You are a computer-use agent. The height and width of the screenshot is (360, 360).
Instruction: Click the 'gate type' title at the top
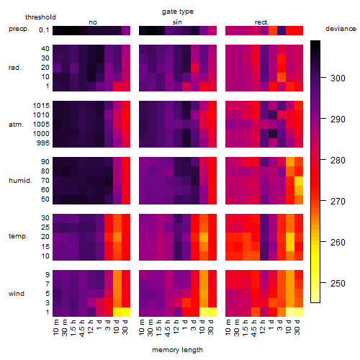pyautogui.click(x=178, y=12)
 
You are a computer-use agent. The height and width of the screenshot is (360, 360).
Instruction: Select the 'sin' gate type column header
pyautogui.click(x=177, y=22)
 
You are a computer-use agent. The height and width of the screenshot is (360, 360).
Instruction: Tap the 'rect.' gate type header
pyautogui.click(x=261, y=22)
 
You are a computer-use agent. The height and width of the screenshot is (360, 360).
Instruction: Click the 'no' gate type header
pyautogui.click(x=93, y=22)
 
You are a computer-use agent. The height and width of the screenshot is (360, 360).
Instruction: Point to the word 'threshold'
pyautogui.click(x=40, y=17)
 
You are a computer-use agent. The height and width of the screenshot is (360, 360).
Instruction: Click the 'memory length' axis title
pyautogui.click(x=177, y=350)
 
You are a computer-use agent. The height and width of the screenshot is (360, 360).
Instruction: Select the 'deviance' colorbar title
pyautogui.click(x=341, y=29)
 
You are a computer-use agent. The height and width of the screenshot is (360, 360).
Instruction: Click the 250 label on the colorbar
pyautogui.click(x=338, y=284)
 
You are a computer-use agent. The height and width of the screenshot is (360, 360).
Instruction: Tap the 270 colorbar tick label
pyautogui.click(x=338, y=201)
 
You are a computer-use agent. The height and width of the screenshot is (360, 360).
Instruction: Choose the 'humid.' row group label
pyautogui.click(x=20, y=181)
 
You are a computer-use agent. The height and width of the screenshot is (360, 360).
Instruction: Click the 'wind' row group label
pyautogui.click(x=17, y=294)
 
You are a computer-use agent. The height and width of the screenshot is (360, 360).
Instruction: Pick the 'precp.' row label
pyautogui.click(x=19, y=29)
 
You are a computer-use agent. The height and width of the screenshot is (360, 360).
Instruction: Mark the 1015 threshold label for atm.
pyautogui.click(x=41, y=106)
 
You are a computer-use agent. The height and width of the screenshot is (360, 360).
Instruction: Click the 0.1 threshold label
pyautogui.click(x=44, y=30)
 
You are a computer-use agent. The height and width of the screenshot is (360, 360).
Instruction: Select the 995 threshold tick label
pyautogui.click(x=43, y=143)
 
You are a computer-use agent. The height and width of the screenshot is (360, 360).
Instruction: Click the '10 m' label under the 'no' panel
pyautogui.click(x=55, y=328)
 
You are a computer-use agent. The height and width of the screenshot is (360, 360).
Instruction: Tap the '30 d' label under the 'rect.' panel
pyautogui.click(x=297, y=327)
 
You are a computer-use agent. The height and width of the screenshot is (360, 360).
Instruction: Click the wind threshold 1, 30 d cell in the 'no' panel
pyautogui.click(x=126, y=312)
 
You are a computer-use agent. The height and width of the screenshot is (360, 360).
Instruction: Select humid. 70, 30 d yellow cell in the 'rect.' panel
pyautogui.click(x=299, y=181)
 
